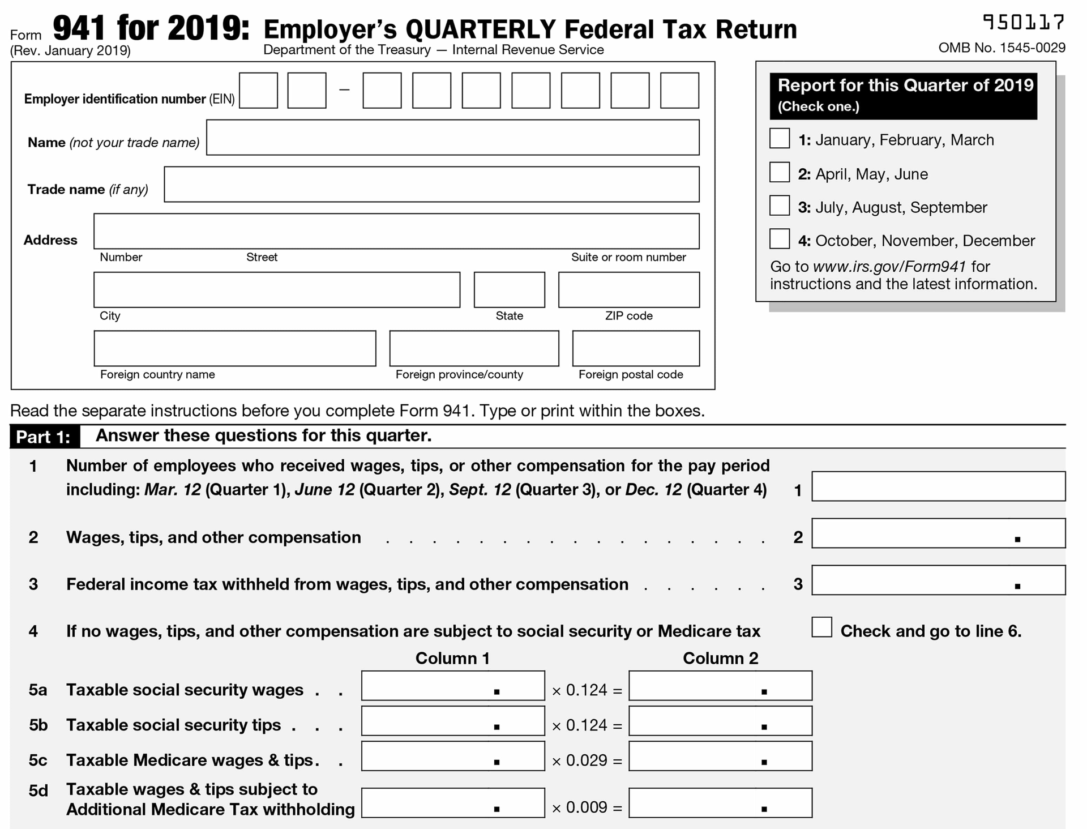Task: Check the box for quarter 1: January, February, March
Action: tap(780, 138)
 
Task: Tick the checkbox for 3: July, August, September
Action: tap(780, 206)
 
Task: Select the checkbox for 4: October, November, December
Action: tap(780, 239)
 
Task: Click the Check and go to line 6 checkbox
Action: tap(821, 627)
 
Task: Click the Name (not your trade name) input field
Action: tap(452, 138)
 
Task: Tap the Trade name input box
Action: tap(431, 185)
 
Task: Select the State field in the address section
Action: tap(509, 290)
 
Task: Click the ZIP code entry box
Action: tap(628, 290)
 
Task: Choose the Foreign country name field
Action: tap(234, 349)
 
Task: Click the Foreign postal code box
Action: tap(636, 349)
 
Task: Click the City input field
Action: tap(276, 290)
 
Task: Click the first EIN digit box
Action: tap(258, 91)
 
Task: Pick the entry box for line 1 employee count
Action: tap(938, 486)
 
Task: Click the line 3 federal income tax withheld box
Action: tap(938, 580)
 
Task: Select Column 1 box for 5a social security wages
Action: tap(452, 686)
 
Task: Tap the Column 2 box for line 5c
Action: tap(720, 757)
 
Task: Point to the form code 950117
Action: tap(1024, 23)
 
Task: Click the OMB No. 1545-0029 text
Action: tap(1002, 48)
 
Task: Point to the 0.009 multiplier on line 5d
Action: tap(587, 807)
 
